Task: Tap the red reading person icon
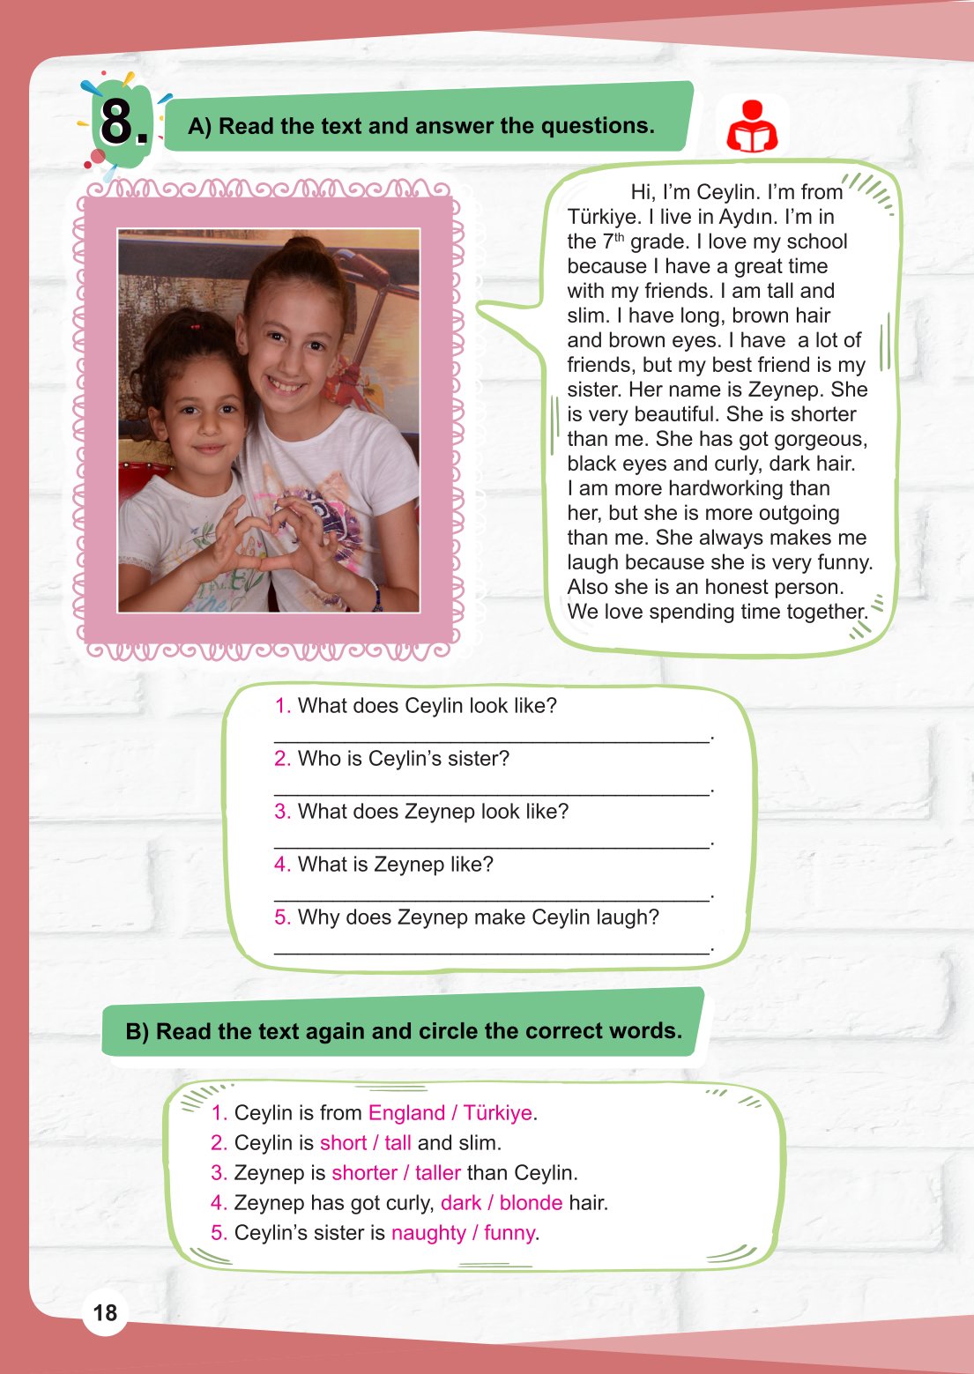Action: pyautogui.click(x=751, y=127)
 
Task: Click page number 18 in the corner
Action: pyautogui.click(x=105, y=1313)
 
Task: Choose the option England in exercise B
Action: pyautogui.click(x=406, y=1113)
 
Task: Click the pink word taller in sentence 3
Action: pyautogui.click(x=437, y=1173)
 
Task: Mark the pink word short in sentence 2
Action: pyautogui.click(x=343, y=1143)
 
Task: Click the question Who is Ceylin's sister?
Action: pyautogui.click(x=403, y=759)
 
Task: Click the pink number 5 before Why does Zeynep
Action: pyautogui.click(x=282, y=917)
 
